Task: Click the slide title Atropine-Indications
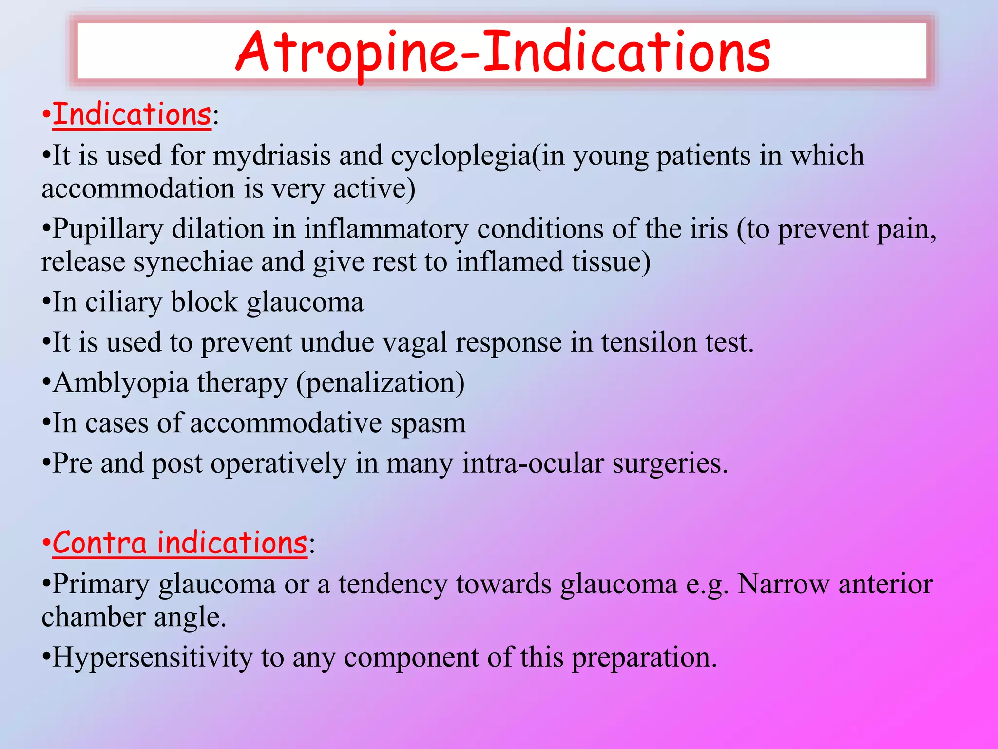(x=502, y=52)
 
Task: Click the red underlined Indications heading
(x=132, y=115)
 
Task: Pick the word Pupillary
(x=108, y=230)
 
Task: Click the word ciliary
(x=123, y=303)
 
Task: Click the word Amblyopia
(x=121, y=383)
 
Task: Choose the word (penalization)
(x=380, y=383)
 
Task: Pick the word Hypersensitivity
(x=153, y=658)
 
